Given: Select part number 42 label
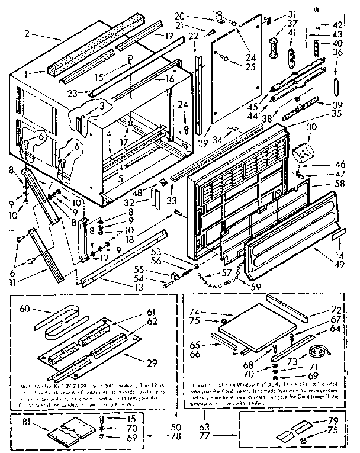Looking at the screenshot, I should (338, 25).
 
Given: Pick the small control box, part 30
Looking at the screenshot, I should (305, 153).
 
